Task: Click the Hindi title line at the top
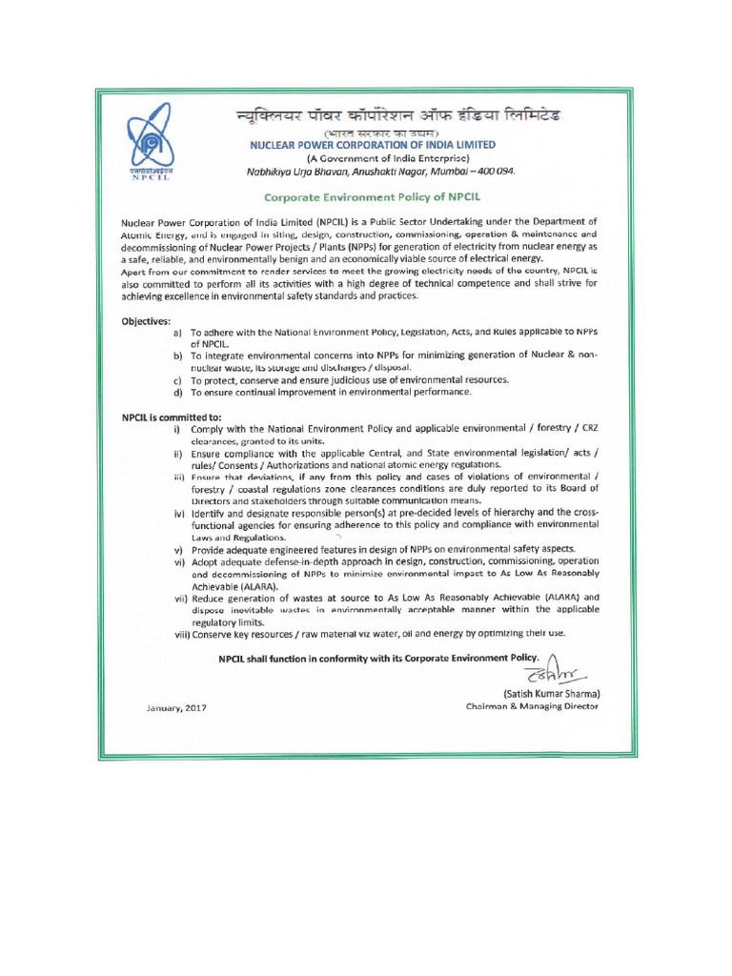click(398, 117)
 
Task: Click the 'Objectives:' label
click(146, 322)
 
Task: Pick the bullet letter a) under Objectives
click(177, 332)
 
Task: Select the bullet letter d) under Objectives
click(177, 393)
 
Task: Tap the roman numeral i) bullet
click(177, 430)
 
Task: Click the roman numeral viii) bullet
click(172, 634)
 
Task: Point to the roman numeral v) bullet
click(177, 551)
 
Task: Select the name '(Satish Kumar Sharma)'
click(546, 693)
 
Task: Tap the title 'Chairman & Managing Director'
click(532, 707)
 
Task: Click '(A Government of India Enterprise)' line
click(387, 157)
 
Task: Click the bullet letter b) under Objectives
click(177, 356)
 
